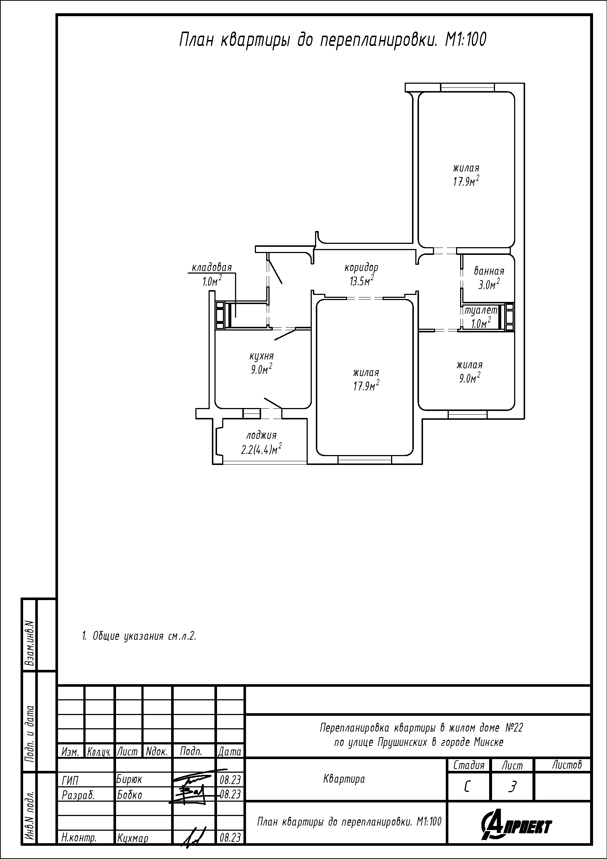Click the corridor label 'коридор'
[x=361, y=268]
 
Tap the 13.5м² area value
[x=362, y=281]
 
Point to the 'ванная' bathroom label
[x=489, y=271]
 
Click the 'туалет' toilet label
[x=481, y=310]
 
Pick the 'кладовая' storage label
[x=212, y=268]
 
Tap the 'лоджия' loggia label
[x=261, y=436]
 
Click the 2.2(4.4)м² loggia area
[x=261, y=449]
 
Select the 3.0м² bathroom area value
[x=489, y=284]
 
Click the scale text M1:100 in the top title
[x=466, y=40]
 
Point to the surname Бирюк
[x=129, y=779]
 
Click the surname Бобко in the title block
[x=129, y=795]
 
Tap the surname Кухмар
[x=133, y=838]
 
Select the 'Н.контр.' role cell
[x=79, y=838]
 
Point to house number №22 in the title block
[x=514, y=728]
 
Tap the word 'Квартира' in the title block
[x=344, y=779]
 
